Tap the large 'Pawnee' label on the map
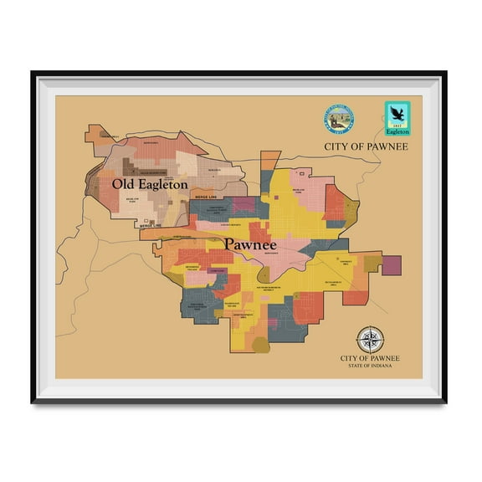point(250,244)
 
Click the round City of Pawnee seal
point(338,120)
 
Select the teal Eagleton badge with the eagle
point(397,119)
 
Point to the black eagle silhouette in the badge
point(397,113)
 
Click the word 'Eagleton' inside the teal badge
point(397,131)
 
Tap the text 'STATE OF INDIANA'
point(370,366)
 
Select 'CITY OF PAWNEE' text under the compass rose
point(370,358)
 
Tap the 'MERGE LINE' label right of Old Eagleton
point(206,197)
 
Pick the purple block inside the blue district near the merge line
point(243,203)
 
